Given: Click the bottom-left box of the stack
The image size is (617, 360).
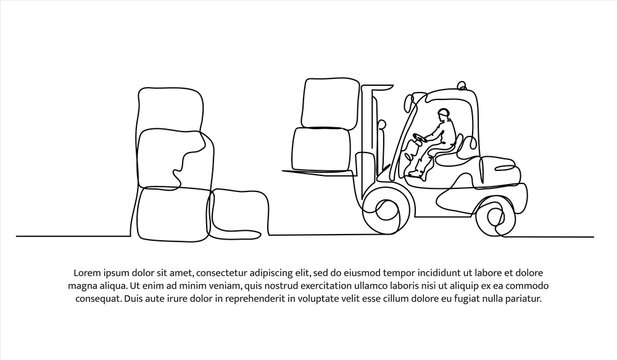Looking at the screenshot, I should pyautogui.click(x=170, y=211).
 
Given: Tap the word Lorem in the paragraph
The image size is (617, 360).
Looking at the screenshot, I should pyautogui.click(x=81, y=273).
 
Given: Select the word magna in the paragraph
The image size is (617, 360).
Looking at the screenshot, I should pyautogui.click(x=82, y=286).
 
